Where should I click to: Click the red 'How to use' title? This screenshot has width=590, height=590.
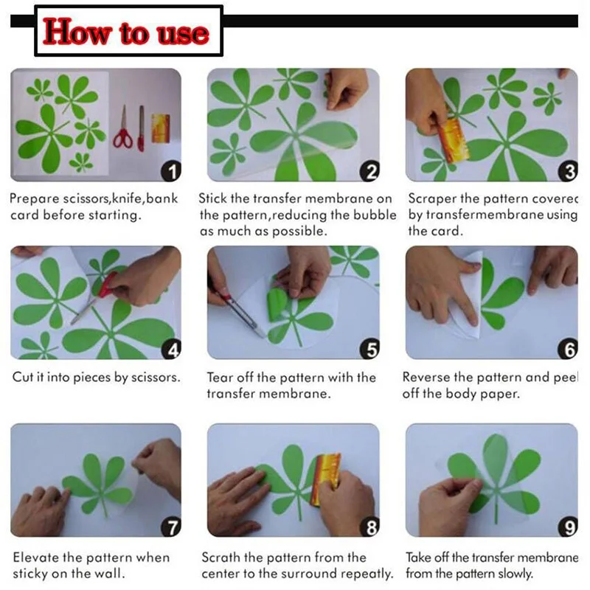pyautogui.click(x=125, y=32)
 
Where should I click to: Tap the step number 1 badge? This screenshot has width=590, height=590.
pyautogui.click(x=171, y=171)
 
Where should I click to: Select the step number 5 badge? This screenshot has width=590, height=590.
pyautogui.click(x=370, y=349)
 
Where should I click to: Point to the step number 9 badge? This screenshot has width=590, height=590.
pyautogui.click(x=568, y=527)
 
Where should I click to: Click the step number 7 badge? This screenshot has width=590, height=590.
pyautogui.click(x=171, y=527)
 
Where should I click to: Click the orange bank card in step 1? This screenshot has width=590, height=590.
pyautogui.click(x=161, y=128)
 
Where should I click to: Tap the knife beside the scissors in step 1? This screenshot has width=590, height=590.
pyautogui.click(x=141, y=128)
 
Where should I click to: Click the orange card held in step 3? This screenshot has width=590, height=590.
pyautogui.click(x=454, y=140)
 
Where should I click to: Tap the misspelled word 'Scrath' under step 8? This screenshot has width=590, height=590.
pyautogui.click(x=221, y=558)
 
